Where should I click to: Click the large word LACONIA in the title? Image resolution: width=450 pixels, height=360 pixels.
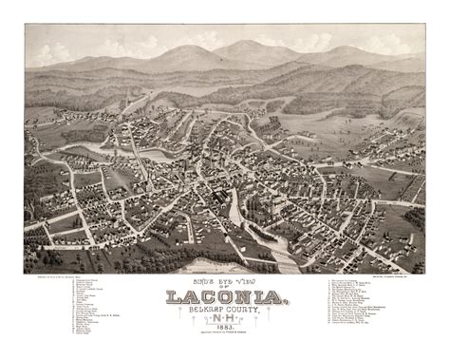tap(225, 298)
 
